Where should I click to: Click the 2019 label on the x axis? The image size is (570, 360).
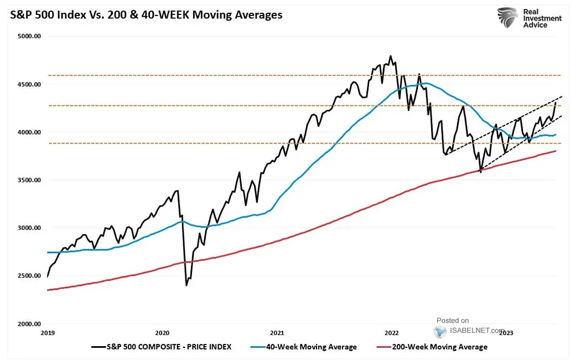[x=48, y=333]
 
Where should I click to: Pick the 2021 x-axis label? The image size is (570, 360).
[x=277, y=333]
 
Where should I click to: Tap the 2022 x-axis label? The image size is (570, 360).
[x=391, y=333]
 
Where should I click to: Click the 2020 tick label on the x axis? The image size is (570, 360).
[x=162, y=333]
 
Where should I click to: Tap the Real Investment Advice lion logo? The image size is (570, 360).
[x=507, y=17]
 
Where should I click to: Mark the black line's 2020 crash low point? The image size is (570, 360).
[x=186, y=286]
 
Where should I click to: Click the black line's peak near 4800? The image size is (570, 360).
[x=391, y=56]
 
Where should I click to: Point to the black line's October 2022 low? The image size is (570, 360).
[x=480, y=172]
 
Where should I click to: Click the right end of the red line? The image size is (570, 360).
[x=556, y=151]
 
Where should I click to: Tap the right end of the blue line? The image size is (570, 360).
[x=556, y=135]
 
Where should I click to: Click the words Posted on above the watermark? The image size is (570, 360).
[x=452, y=320]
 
